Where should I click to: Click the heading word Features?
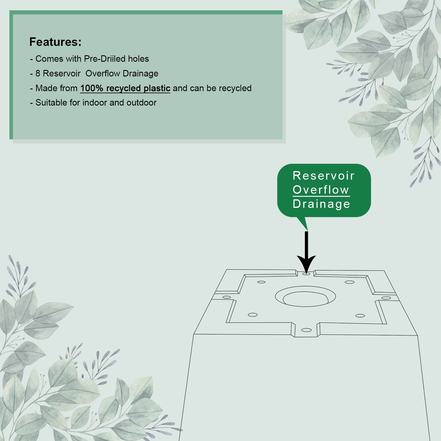55,42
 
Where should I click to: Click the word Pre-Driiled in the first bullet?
105,59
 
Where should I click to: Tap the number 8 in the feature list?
38,73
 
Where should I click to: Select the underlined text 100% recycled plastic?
125,88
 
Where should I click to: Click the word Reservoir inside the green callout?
324,176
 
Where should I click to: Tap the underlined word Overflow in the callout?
321,190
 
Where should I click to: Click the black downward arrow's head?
306,264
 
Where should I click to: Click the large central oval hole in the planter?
305,296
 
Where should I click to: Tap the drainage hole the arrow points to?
306,274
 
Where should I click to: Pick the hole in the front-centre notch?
306,330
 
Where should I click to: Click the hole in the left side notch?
226,297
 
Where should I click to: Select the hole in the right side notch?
386,298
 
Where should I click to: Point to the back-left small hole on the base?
261,282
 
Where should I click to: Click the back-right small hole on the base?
350,282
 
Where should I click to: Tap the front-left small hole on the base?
253,315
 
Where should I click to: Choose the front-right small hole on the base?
360,316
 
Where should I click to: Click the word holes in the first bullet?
138,59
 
